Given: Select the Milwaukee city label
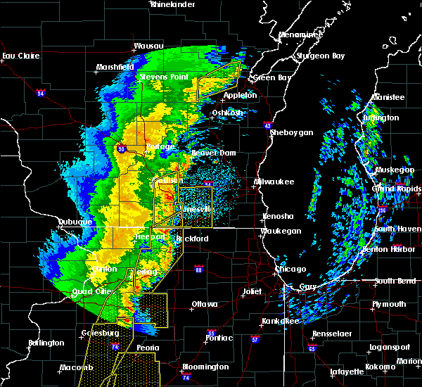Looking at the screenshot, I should click(274, 182).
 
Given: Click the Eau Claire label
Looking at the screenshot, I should click(18, 56).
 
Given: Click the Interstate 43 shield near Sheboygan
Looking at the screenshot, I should click(268, 125).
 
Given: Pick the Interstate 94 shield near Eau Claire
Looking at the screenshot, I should click(41, 93).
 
